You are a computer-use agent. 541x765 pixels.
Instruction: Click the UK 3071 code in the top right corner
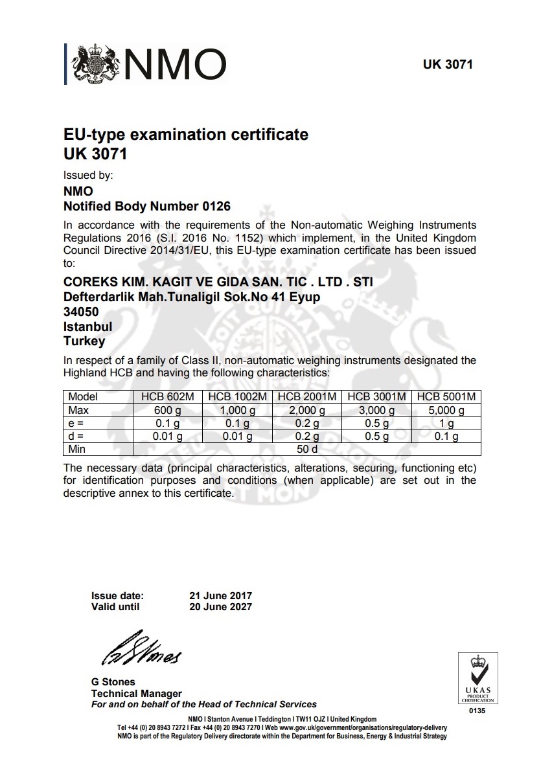click(x=448, y=65)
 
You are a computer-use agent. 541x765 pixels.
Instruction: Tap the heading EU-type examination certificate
click(x=185, y=135)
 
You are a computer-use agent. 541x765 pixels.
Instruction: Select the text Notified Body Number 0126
click(x=146, y=207)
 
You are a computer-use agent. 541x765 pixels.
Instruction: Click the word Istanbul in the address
click(x=87, y=326)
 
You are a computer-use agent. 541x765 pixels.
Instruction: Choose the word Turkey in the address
click(x=84, y=341)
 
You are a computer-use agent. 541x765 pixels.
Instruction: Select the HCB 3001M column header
click(x=376, y=396)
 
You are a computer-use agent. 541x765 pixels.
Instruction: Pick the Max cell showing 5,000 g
click(x=446, y=410)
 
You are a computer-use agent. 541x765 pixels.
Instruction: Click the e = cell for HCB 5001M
click(x=446, y=423)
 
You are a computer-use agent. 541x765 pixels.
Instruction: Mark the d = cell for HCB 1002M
click(x=236, y=436)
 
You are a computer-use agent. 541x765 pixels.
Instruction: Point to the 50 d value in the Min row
click(x=306, y=449)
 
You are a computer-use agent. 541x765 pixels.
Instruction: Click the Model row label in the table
click(x=83, y=396)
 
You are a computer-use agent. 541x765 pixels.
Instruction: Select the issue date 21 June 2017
click(x=220, y=596)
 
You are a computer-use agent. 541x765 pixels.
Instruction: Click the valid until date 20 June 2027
click(x=220, y=607)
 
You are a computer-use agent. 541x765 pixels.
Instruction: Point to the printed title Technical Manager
click(x=136, y=693)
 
